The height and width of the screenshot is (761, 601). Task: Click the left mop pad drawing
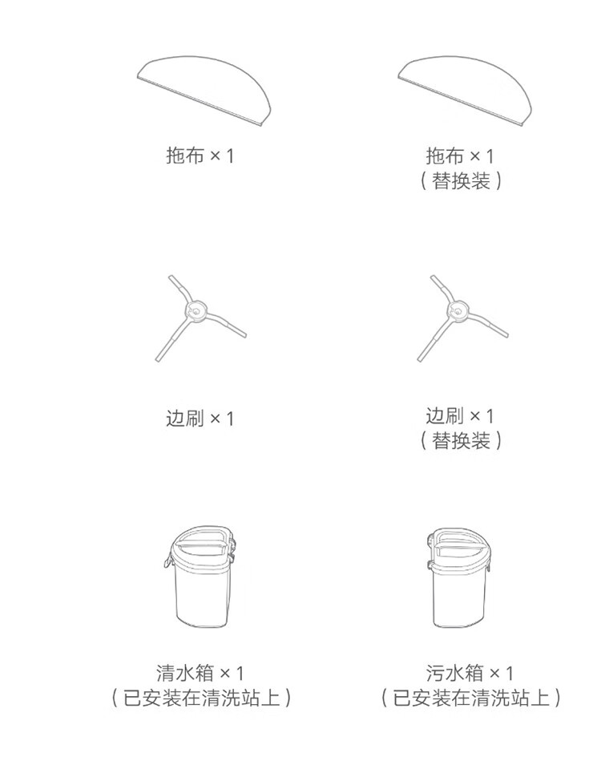(204, 89)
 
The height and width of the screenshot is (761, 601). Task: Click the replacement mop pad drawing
(465, 91)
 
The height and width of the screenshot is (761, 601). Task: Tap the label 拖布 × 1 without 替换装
(200, 156)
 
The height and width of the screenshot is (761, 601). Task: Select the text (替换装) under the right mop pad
(460, 181)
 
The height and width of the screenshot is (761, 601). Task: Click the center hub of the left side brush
(196, 310)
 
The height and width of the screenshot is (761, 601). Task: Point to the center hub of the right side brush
(458, 310)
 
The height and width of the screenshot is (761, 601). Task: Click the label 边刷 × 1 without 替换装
(200, 418)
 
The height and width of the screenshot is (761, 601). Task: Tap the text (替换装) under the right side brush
(460, 441)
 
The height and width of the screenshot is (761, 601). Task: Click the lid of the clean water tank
(201, 546)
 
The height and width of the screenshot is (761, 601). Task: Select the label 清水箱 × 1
(200, 673)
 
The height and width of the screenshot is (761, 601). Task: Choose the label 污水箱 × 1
(469, 673)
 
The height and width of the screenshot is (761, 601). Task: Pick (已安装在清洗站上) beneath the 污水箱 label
(470, 698)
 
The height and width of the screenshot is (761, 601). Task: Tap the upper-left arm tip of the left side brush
(171, 277)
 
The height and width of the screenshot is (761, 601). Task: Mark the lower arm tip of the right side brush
(420, 358)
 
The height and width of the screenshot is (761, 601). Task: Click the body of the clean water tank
(201, 594)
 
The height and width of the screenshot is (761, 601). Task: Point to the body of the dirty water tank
(459, 596)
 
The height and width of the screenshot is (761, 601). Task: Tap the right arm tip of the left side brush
(243, 334)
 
